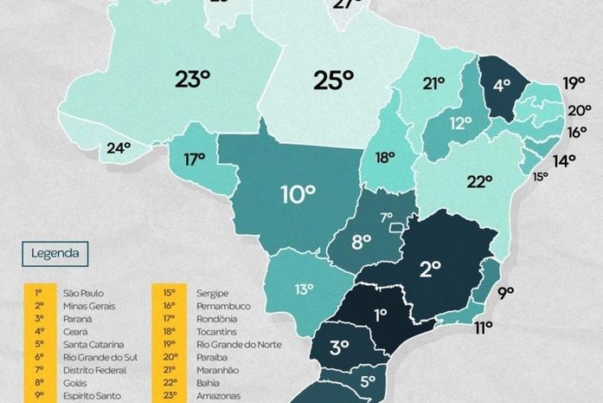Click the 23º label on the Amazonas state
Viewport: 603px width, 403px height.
[x=192, y=80]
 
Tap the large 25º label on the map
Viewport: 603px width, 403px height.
[x=333, y=81]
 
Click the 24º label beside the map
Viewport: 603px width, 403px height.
[x=119, y=148]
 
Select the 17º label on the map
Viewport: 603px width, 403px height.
[x=194, y=159]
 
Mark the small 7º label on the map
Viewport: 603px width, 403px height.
[x=387, y=217]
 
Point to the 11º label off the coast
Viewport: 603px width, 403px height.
[x=483, y=327]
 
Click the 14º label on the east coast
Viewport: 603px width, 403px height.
[x=564, y=160]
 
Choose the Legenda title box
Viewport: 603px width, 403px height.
[x=55, y=254]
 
